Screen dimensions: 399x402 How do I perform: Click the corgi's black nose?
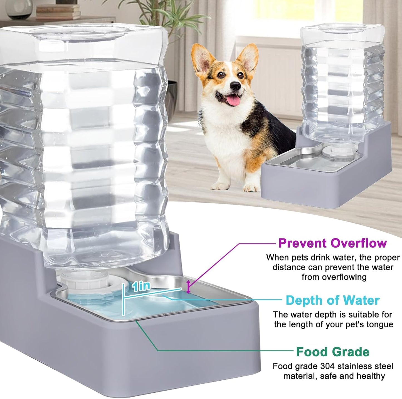[235, 86]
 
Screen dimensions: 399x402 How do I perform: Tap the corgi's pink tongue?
[234, 101]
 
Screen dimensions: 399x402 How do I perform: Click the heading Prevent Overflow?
[332, 243]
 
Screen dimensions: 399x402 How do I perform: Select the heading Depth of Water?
[332, 300]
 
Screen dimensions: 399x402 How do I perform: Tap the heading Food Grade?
[332, 352]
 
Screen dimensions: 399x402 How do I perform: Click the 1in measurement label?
[141, 286]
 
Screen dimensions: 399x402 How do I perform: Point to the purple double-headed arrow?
[189, 287]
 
